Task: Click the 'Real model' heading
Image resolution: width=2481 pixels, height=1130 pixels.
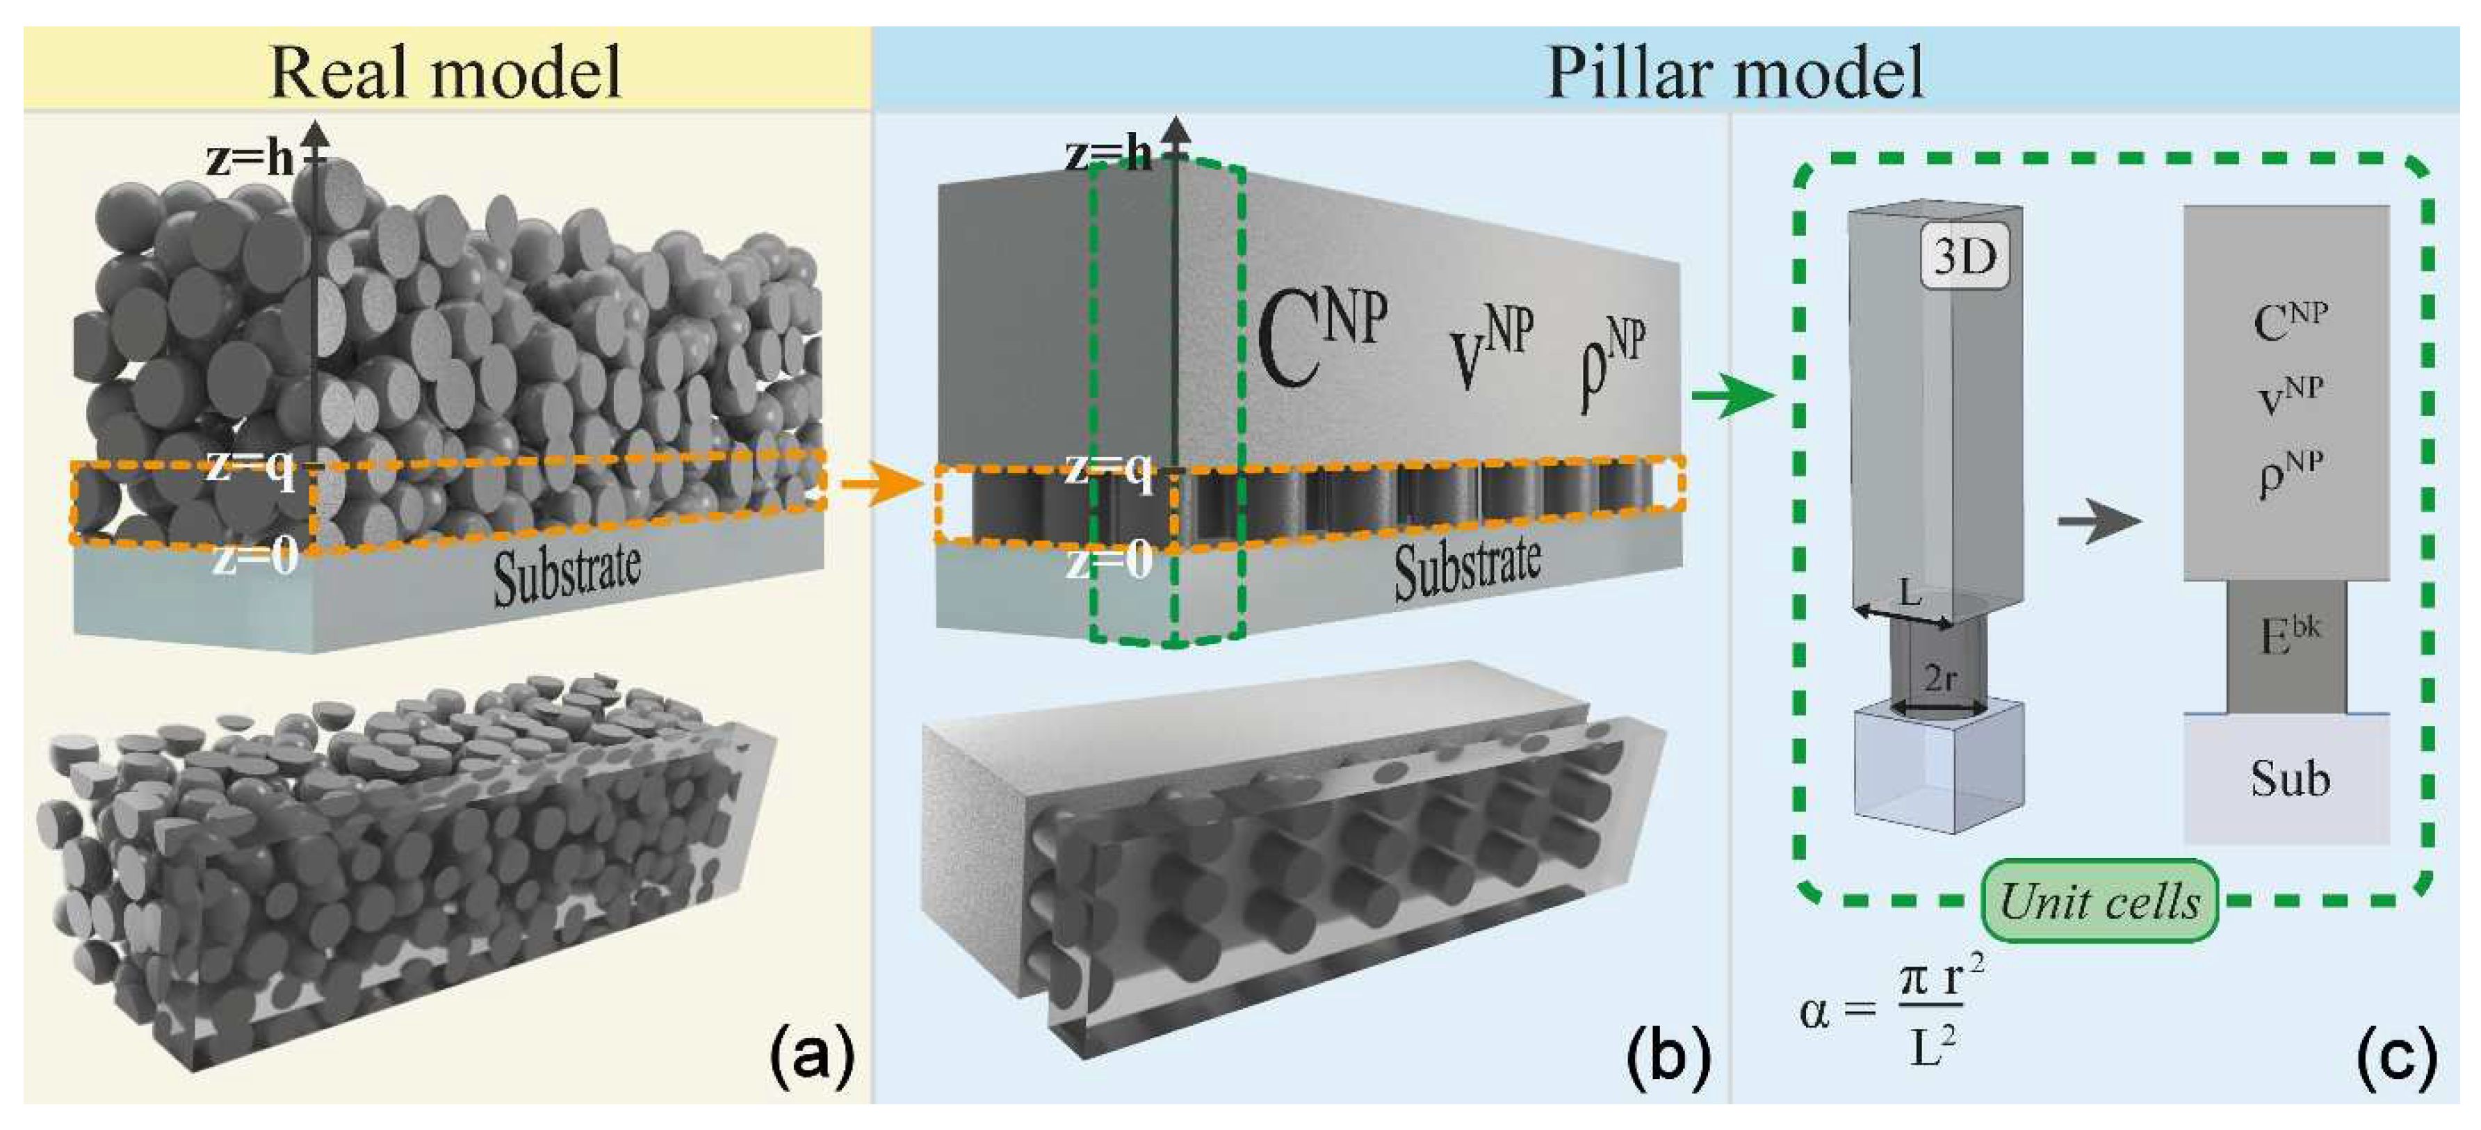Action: pyautogui.click(x=446, y=72)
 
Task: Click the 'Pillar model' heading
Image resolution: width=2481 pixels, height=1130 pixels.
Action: pyautogui.click(x=1734, y=72)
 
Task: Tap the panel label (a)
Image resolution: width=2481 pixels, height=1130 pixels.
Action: pyautogui.click(x=812, y=1057)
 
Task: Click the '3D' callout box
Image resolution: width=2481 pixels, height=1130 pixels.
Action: pyautogui.click(x=1965, y=258)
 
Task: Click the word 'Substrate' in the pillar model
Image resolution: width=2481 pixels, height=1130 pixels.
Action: pyautogui.click(x=1466, y=568)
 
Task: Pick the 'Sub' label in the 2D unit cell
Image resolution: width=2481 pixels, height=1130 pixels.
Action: pyautogui.click(x=2289, y=778)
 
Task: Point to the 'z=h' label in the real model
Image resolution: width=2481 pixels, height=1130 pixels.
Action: pyautogui.click(x=250, y=158)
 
